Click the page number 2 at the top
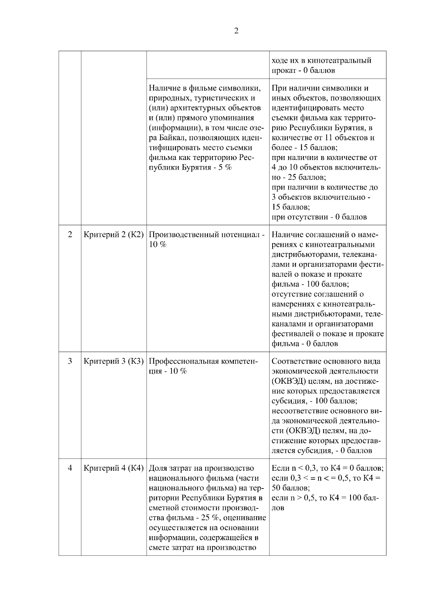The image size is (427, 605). [x=236, y=31]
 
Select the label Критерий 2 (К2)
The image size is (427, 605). [x=114, y=235]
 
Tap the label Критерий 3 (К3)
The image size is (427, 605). [x=114, y=361]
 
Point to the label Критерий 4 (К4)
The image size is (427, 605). [x=114, y=468]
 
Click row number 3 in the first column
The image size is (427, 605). [x=70, y=361]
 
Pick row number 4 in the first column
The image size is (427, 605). [x=70, y=468]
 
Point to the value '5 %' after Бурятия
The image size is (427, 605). [x=225, y=167]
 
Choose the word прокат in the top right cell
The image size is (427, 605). [x=283, y=71]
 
